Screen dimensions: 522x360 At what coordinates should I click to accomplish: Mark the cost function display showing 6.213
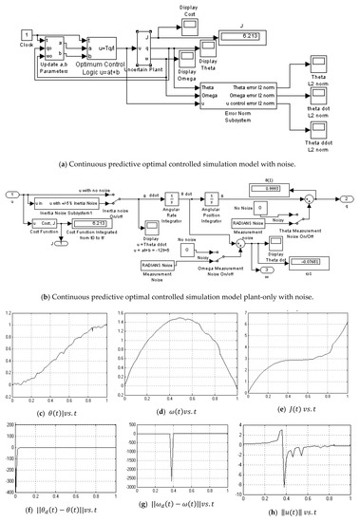tap(98, 201)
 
